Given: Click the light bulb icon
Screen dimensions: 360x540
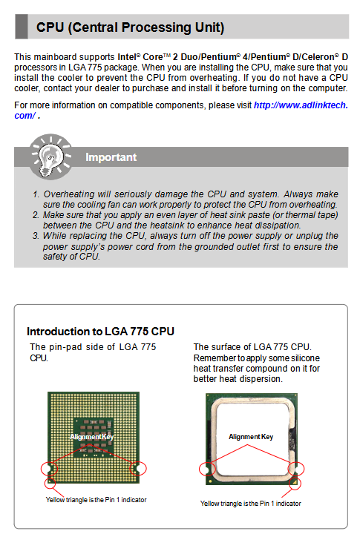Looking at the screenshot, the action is pos(50,157).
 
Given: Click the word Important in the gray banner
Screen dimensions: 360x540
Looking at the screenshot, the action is pos(111,157).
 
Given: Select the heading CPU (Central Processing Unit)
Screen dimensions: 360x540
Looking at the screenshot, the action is pos(130,27).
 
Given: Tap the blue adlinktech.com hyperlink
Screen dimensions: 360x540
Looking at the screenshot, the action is pos(181,111).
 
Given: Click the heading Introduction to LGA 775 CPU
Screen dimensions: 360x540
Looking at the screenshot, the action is pos(101,332).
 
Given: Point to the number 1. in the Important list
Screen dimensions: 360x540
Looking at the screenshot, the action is pos(36,194).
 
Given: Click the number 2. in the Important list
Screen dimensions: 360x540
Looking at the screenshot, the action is pos(36,215).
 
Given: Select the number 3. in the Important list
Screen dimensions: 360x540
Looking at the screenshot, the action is pos(36,236).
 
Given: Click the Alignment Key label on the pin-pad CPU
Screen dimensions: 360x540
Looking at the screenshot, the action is pos(91,437).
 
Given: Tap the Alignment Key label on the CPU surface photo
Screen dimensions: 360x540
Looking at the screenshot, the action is pos(251,437).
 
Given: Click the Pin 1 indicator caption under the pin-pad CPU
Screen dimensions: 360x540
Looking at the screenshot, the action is pos(96,500).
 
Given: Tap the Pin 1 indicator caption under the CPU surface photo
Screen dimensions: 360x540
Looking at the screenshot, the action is pos(250,504).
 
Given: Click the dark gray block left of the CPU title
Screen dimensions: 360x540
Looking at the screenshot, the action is pos(22,27).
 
